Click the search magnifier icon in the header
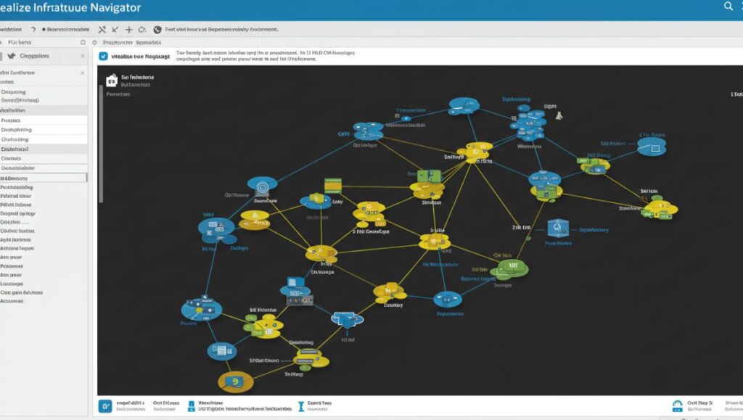pyautogui.click(x=728, y=7)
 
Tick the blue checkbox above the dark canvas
pyautogui.click(x=103, y=56)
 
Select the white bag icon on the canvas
pyautogui.click(x=111, y=81)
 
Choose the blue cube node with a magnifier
pyautogui.click(x=557, y=229)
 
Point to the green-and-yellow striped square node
pyautogui.click(x=333, y=184)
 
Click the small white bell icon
pyautogui.click(x=559, y=115)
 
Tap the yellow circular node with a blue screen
pyautogui.click(x=235, y=382)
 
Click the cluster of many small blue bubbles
pyautogui.click(x=527, y=121)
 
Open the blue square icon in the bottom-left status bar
pyautogui.click(x=105, y=405)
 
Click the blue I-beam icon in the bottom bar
pyautogui.click(x=300, y=406)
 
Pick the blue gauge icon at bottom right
pyautogui.click(x=677, y=405)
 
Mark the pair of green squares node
pyautogui.click(x=429, y=176)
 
